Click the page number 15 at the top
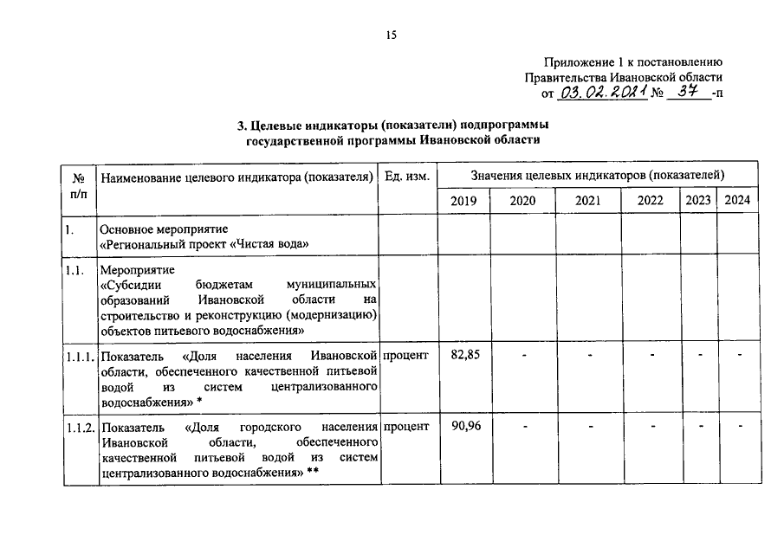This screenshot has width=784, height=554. pos(391,35)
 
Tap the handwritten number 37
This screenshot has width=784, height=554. pos(689,91)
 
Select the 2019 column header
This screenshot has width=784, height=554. pos(463,200)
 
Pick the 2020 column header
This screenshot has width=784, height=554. pos(522,200)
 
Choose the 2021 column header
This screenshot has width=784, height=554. pos(587,200)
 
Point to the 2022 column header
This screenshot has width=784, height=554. pos(650,200)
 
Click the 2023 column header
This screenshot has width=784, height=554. pos(698,200)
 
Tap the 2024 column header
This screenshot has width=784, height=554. pos(737,200)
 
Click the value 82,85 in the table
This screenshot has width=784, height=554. pos(465,356)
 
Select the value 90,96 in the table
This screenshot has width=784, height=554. pos(465,427)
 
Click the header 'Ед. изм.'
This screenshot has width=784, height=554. pos(406,177)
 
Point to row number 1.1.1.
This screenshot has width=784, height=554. pos(79,357)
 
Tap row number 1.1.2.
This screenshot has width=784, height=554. pos(79,428)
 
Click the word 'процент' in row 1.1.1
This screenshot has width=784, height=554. pos(406,357)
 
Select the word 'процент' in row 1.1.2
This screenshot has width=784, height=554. pos(406,428)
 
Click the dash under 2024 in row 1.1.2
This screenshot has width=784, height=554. pos(741,427)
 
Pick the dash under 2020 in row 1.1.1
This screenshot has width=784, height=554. pos(523,357)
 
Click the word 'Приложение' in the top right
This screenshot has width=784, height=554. pos(580,61)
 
